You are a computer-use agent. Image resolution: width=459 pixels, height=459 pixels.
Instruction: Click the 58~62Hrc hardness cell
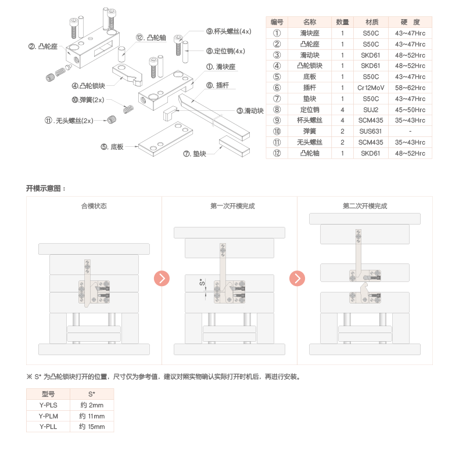tap(410, 88)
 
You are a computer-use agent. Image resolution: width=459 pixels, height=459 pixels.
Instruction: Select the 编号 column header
tap(277, 22)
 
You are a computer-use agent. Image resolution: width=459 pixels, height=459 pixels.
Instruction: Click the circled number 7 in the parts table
tap(277, 99)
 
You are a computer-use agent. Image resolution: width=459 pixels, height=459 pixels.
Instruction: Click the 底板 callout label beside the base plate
tap(113, 147)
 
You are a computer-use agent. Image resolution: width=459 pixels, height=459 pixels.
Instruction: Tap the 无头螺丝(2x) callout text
tap(69, 121)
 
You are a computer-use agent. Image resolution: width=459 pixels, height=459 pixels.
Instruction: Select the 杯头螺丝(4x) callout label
tap(229, 31)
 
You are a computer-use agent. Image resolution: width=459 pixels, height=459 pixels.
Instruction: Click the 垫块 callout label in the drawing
tap(196, 154)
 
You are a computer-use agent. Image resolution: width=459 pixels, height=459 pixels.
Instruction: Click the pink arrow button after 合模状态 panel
tap(162, 279)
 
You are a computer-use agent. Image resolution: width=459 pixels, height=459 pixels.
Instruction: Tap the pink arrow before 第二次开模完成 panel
tap(297, 279)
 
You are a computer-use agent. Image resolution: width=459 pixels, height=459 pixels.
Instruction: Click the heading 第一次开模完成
tap(229, 206)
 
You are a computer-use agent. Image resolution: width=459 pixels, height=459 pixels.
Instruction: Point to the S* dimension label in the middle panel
tap(202, 284)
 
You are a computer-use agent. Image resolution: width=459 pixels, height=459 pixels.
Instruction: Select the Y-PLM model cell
tap(48, 416)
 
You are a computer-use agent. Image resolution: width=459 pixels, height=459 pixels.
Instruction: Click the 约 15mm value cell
tap(92, 427)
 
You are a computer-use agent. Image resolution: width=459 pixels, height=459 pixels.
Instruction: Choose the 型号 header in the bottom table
tap(48, 394)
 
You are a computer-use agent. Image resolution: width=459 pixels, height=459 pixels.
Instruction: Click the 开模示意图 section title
tap(46, 189)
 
